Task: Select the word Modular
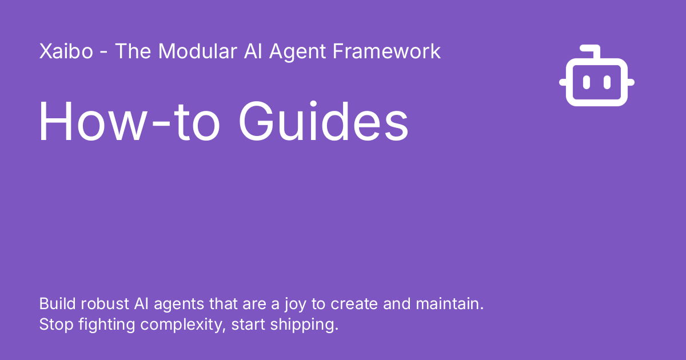(197, 51)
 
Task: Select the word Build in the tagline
(55, 303)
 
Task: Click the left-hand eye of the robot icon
(587, 82)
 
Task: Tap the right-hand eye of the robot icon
(607, 82)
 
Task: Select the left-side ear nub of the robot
(563, 82)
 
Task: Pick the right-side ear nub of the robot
(631, 82)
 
